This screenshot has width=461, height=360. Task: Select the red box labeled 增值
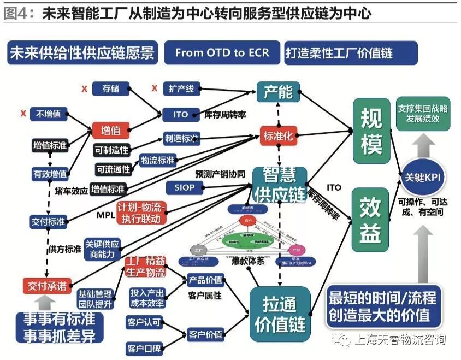pyautogui.click(x=111, y=130)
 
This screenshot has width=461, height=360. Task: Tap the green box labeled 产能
pyautogui.click(x=279, y=92)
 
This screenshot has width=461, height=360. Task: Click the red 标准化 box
pyautogui.click(x=279, y=136)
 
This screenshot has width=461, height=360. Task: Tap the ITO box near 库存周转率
pyautogui.click(x=181, y=115)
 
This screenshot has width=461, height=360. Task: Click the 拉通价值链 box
pyautogui.click(x=280, y=311)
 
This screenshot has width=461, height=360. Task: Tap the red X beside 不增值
pyautogui.click(x=23, y=114)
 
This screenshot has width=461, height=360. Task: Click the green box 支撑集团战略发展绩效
pyautogui.click(x=423, y=114)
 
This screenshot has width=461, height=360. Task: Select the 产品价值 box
pyautogui.click(x=205, y=280)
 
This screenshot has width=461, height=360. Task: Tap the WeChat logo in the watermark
pyautogui.click(x=344, y=340)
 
